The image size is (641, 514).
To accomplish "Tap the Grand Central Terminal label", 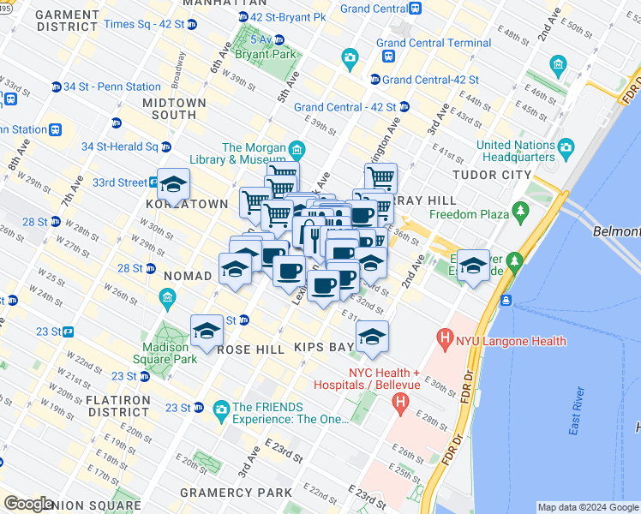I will (x=433, y=43).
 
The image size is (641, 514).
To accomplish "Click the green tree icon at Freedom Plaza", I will (x=519, y=210).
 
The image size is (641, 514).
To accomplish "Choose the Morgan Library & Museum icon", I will (x=297, y=152).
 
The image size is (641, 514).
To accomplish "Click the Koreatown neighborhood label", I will (x=186, y=205).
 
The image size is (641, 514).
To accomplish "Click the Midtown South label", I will (x=174, y=109).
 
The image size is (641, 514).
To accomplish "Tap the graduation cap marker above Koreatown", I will (x=173, y=184).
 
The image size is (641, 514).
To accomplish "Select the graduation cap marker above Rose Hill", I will (x=207, y=332).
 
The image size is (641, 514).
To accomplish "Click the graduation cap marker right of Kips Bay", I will (x=372, y=338).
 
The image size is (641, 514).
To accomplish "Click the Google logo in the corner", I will (x=28, y=504).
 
